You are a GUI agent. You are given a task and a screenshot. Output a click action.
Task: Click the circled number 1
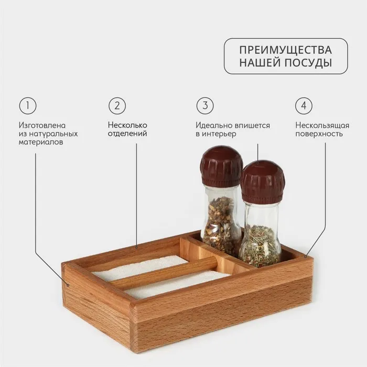[x=28, y=105]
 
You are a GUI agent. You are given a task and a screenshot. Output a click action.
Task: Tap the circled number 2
[x=117, y=105]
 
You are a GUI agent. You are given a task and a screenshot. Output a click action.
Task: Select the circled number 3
[x=205, y=105]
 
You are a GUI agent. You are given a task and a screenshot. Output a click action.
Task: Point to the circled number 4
[x=304, y=105]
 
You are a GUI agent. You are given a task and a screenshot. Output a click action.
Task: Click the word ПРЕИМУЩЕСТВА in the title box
[x=286, y=50]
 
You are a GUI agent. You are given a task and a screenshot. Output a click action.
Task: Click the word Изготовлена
[x=42, y=125]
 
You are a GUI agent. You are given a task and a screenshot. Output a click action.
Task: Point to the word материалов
[x=41, y=142]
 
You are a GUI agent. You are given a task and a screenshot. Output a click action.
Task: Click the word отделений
[x=127, y=134]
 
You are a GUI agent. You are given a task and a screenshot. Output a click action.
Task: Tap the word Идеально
[x=213, y=125]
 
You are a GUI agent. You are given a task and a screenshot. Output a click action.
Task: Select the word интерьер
[x=219, y=134]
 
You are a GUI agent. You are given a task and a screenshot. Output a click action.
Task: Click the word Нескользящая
[x=322, y=125]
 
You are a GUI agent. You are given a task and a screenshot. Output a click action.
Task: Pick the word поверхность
[x=319, y=134]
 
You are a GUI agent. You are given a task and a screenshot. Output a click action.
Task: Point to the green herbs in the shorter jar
[x=261, y=246]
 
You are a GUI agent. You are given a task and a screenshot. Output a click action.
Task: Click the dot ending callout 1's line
[x=68, y=285]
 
